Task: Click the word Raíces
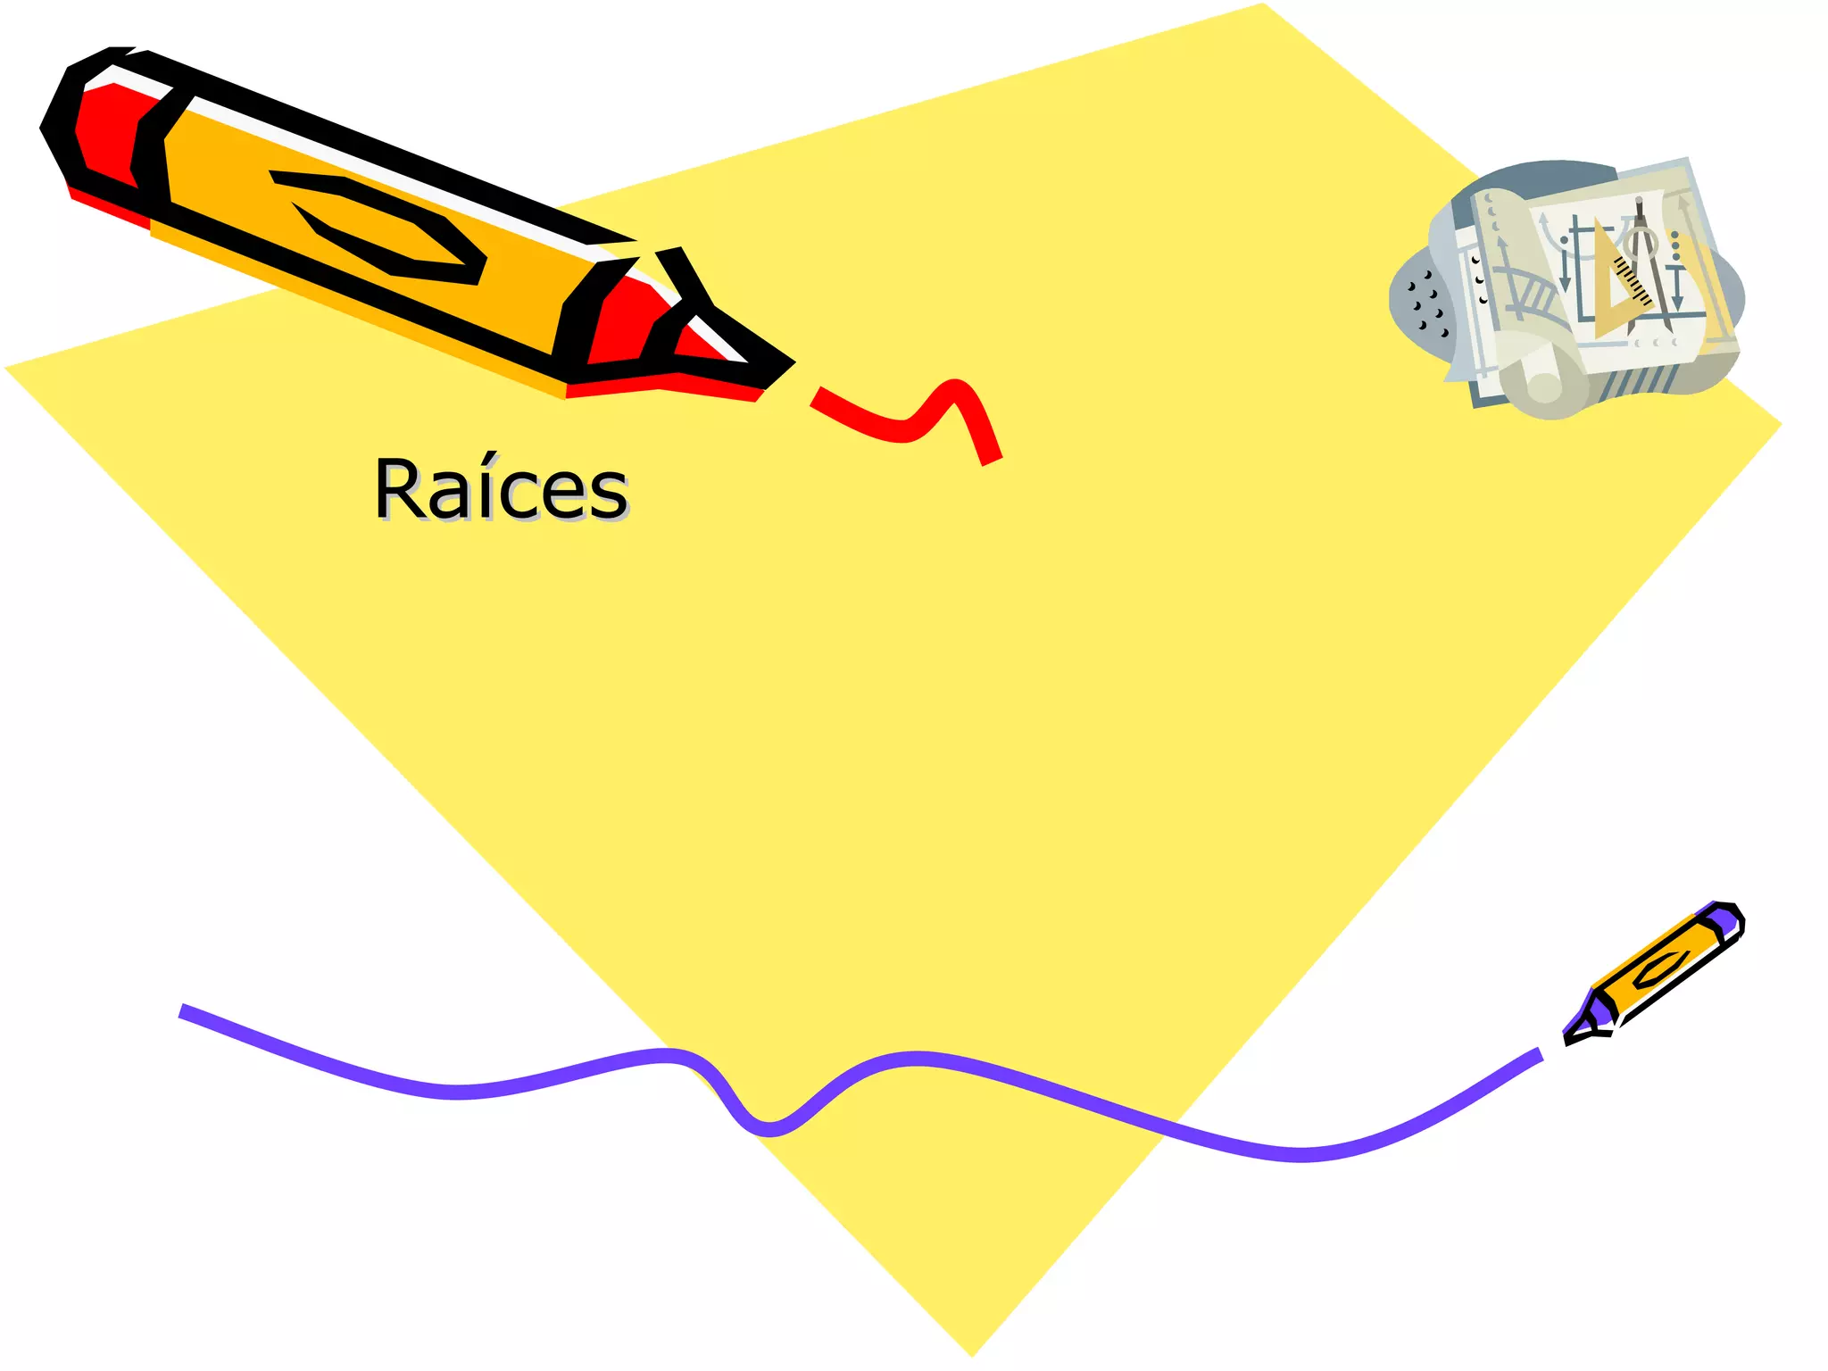point(501,489)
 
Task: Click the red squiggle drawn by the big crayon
point(910,420)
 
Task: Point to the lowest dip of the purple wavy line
point(768,1129)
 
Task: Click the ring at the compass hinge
point(1641,241)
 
